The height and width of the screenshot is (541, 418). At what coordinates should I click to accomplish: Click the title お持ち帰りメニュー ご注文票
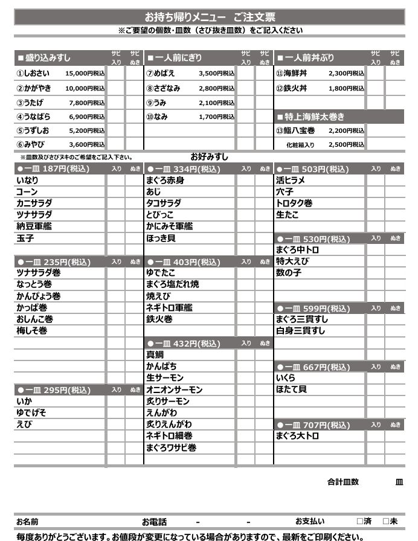[x=209, y=18]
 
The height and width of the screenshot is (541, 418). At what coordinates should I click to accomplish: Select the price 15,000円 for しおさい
[x=84, y=73]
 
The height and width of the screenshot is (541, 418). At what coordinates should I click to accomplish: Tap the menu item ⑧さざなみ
[x=163, y=88]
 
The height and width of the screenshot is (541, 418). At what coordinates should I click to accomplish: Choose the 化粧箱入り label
[x=300, y=145]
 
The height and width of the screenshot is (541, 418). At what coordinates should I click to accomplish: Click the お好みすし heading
[x=209, y=157]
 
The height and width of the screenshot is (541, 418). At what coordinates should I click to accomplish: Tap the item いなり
[x=27, y=180]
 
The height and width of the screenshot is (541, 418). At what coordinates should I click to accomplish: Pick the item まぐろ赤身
[x=165, y=180]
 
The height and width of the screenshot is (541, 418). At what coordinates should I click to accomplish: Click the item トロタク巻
[x=294, y=203]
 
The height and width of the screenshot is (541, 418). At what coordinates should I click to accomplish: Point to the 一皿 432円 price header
[x=184, y=344]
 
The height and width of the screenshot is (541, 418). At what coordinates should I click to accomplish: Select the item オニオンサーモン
[x=174, y=390]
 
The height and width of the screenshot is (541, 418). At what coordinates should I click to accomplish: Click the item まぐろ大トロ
[x=297, y=436]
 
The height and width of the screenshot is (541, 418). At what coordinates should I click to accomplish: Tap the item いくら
[x=286, y=378]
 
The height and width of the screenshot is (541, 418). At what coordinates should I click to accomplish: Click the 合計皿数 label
[x=343, y=482]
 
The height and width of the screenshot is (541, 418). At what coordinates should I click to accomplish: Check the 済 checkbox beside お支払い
[x=360, y=521]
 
